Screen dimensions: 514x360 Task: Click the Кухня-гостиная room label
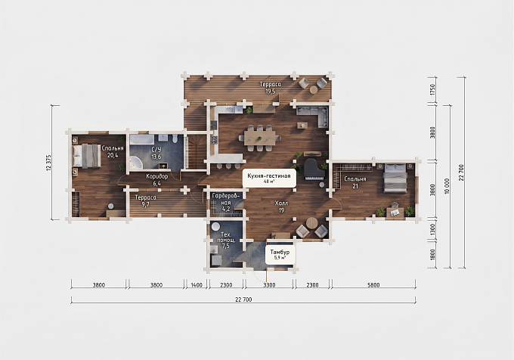(x=269, y=178)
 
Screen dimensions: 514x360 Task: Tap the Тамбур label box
(x=280, y=254)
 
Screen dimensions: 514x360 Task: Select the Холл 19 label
(x=282, y=207)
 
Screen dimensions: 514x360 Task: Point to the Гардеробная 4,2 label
(x=226, y=202)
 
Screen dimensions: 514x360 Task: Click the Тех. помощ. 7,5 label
(x=226, y=241)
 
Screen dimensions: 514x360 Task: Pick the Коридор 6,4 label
(x=157, y=180)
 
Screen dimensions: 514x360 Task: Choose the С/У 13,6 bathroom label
(x=156, y=153)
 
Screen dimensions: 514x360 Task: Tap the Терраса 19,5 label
(x=271, y=88)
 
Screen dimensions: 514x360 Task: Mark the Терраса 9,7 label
(x=146, y=201)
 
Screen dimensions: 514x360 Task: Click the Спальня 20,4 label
(x=113, y=151)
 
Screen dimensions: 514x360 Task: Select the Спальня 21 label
(x=355, y=182)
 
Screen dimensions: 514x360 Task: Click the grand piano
(x=314, y=169)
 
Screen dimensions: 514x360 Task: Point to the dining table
(x=262, y=138)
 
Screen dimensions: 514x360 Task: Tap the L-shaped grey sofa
(x=313, y=116)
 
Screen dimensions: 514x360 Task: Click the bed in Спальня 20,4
(x=86, y=155)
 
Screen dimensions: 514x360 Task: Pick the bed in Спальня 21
(x=395, y=178)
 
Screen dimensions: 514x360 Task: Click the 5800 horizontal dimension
(x=373, y=285)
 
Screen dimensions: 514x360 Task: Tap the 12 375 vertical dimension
(x=49, y=163)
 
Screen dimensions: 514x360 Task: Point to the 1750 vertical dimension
(x=432, y=90)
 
